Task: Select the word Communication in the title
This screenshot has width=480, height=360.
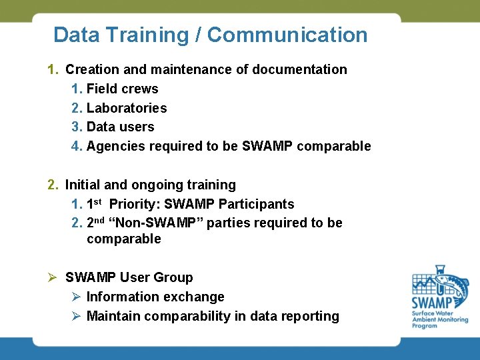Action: tap(287, 35)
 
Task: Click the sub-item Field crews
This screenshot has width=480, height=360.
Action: tap(122, 89)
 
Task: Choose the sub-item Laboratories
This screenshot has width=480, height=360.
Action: tap(127, 108)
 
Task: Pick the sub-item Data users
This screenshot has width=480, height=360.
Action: tap(120, 127)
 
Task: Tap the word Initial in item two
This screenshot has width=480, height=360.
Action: tap(82, 185)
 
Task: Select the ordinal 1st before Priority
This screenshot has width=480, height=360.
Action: tap(95, 203)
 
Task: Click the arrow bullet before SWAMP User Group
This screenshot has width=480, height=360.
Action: tap(53, 277)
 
